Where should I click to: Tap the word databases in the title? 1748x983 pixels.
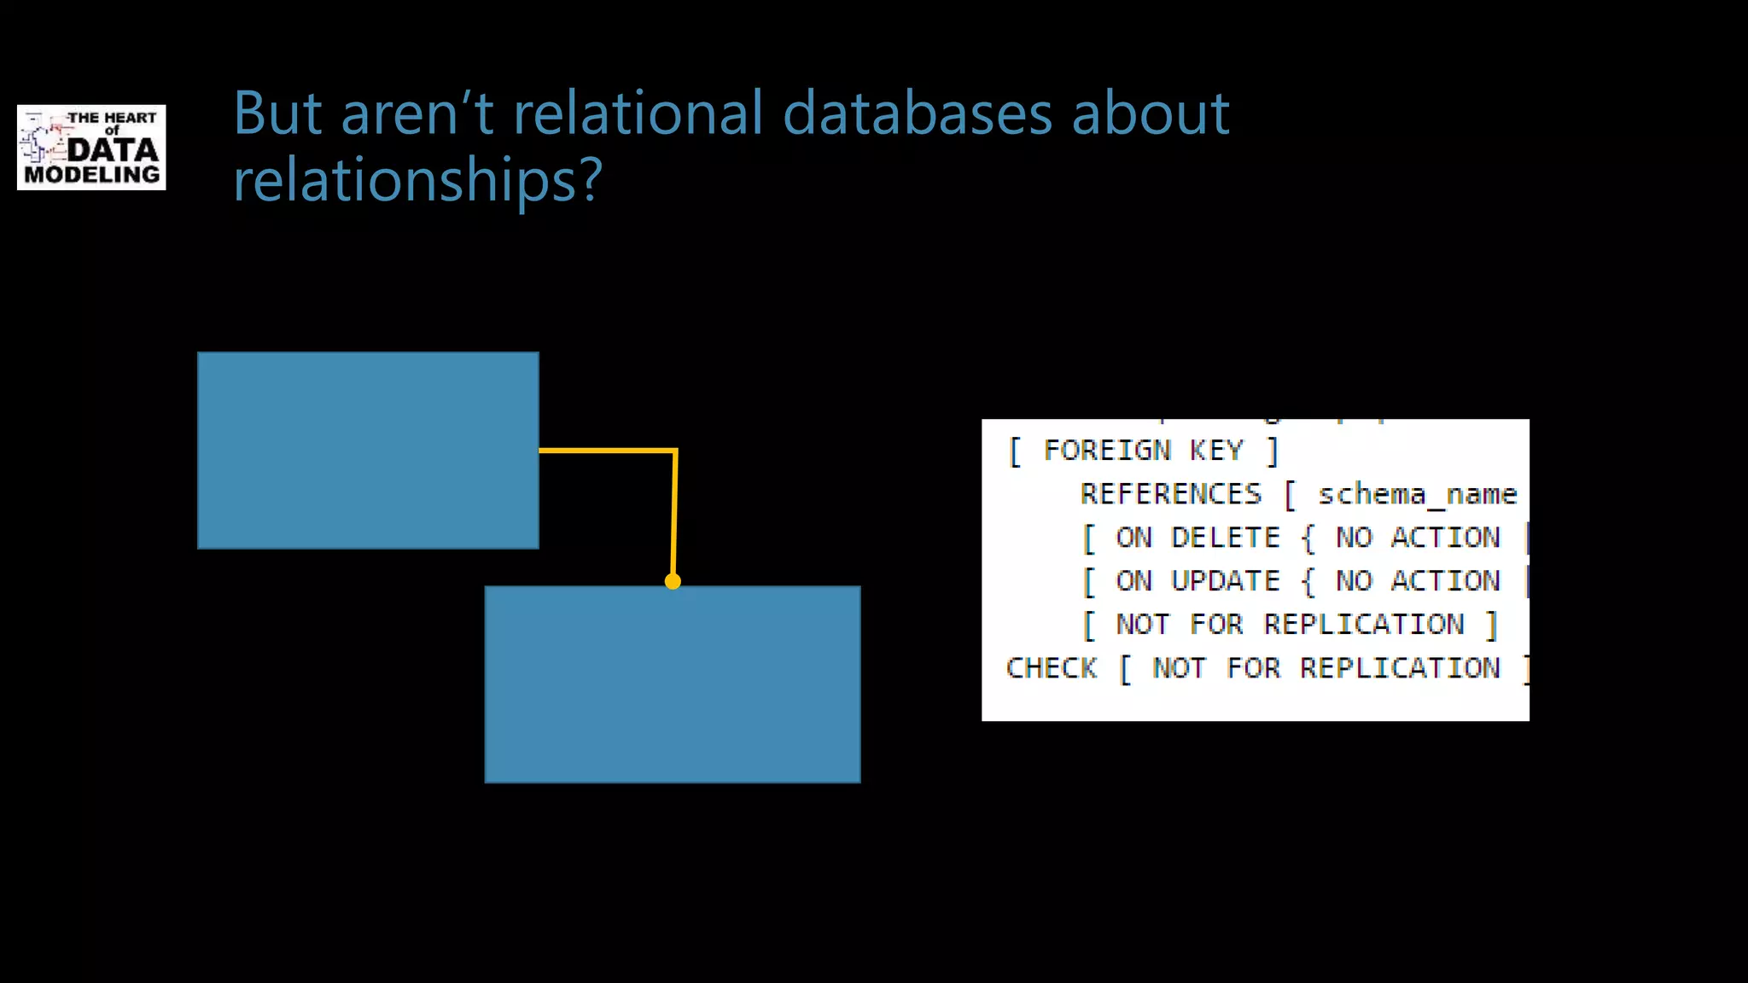917,113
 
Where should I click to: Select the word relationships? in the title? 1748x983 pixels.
418,180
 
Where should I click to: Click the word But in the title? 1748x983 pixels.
277,113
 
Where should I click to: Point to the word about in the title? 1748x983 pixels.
1150,113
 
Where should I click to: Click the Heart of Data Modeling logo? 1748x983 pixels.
91,147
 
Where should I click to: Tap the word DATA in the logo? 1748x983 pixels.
113,150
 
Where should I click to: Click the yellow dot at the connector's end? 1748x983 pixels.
673,582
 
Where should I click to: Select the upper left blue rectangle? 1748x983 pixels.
368,450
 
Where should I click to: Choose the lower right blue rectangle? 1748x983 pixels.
673,684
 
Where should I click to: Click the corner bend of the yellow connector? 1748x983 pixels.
675,451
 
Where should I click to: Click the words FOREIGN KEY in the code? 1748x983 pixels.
1144,451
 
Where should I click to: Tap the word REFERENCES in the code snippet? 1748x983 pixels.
1171,494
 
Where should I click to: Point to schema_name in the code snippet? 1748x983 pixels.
1417,494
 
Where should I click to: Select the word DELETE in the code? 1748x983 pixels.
1226,538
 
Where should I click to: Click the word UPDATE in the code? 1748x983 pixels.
1226,581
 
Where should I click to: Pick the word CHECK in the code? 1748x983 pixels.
1052,668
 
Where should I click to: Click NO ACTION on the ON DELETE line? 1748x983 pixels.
1418,538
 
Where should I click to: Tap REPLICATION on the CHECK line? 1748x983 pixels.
1400,668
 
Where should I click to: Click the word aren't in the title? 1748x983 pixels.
417,113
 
